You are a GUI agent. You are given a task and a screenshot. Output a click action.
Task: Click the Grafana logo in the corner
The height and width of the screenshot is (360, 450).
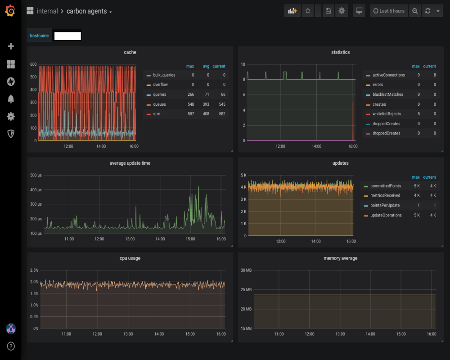pos(11,11)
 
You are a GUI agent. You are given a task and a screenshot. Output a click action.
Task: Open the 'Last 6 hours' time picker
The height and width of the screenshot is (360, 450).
pos(389,11)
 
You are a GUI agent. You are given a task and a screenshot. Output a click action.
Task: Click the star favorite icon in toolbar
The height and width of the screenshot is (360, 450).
pos(308,11)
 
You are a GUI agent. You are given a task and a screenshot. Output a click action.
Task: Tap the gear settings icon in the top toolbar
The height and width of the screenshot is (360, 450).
pos(342,11)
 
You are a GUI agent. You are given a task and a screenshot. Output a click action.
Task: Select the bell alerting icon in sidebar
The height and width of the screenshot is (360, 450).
pos(11,99)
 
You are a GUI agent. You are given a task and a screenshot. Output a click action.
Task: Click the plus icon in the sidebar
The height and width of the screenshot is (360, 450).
pos(11,46)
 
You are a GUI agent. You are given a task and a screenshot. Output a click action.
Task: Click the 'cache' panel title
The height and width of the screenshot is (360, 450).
pos(130,52)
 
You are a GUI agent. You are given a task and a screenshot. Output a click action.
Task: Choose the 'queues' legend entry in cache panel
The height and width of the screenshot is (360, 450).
pos(159,104)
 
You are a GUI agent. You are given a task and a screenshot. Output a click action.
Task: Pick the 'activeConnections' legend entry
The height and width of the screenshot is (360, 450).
pos(388,75)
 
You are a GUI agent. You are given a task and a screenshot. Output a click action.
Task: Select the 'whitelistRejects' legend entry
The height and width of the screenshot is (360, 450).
pos(387,114)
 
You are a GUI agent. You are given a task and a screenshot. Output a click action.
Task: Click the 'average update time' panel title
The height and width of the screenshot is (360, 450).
pos(130,163)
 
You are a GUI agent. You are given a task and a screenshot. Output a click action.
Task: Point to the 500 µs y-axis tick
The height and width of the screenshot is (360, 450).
pos(36,175)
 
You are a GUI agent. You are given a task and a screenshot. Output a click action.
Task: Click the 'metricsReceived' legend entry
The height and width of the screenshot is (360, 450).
pos(385,196)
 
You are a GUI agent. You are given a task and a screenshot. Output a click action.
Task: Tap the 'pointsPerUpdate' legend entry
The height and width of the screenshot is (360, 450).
pos(385,206)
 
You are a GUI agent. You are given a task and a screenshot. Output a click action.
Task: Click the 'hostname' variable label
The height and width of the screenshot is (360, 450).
pos(39,36)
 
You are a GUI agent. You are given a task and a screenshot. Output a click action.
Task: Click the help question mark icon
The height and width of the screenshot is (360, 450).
pos(11,346)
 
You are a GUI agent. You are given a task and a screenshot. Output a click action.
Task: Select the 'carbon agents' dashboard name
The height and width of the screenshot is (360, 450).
pos(86,11)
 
